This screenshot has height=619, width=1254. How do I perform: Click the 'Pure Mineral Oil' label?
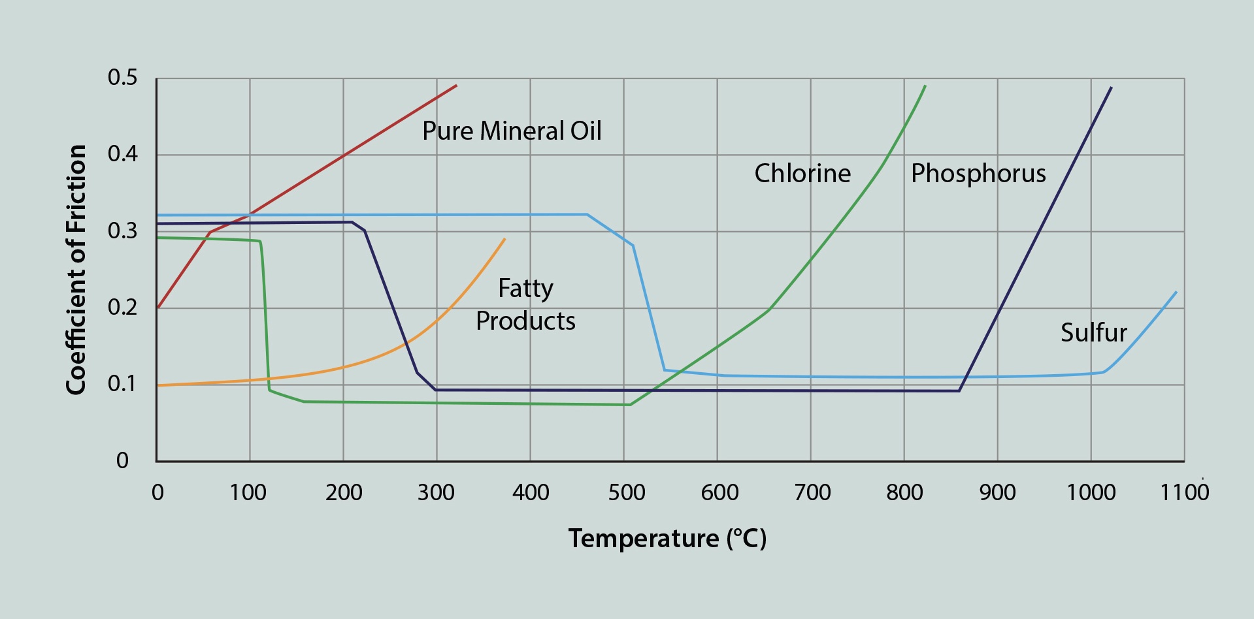pos(512,131)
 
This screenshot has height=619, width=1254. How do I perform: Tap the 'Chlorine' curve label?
pos(802,174)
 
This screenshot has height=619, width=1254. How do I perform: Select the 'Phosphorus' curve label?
pos(978,174)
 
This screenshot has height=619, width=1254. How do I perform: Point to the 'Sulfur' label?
pos(1093,333)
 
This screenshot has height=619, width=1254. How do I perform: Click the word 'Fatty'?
pos(525,289)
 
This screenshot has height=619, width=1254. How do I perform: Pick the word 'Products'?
pos(525,321)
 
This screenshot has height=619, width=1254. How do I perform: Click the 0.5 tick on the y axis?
pos(123,78)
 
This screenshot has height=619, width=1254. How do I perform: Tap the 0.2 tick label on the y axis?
pos(123,307)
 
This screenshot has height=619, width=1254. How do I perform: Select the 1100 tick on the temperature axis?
pos(1183,492)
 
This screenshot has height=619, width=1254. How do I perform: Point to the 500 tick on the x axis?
pos(626,492)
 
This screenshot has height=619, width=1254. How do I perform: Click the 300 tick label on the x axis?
pos(436,492)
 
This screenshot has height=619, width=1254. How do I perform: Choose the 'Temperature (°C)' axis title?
pos(667,539)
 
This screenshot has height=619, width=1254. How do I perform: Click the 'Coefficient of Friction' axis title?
pos(76,269)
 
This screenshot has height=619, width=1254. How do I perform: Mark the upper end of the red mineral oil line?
pos(456,86)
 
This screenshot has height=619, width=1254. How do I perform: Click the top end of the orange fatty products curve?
pos(504,239)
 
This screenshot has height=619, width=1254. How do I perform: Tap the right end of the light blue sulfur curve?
pos(1176,292)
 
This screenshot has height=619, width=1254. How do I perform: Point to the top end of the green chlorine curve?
pos(925,86)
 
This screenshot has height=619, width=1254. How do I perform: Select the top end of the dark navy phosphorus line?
pos(1111,87)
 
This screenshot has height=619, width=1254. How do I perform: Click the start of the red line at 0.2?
pos(158,307)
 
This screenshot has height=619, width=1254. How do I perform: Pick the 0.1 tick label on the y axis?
pos(123,383)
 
